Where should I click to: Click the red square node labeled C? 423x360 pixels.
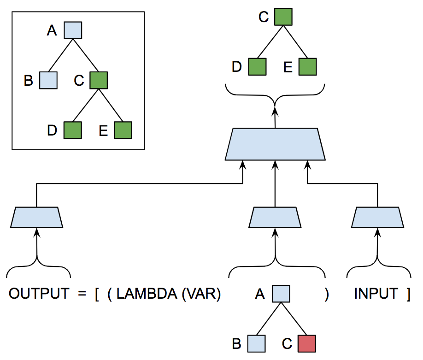(x=307, y=344)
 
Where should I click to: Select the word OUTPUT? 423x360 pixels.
(x=39, y=294)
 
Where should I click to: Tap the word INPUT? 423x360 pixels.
(x=376, y=294)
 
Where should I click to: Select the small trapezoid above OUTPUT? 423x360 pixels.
(x=37, y=217)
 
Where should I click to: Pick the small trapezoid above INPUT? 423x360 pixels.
(x=377, y=217)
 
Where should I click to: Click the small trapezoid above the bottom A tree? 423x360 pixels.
(x=275, y=217)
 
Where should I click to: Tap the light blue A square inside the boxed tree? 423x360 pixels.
(x=72, y=30)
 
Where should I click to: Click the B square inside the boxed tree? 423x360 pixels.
(x=48, y=80)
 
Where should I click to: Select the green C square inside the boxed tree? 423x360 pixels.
(x=99, y=80)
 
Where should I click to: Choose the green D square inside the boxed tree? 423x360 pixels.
(x=72, y=130)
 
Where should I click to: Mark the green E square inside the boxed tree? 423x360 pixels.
(x=123, y=130)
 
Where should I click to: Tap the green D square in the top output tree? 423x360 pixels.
(x=258, y=67)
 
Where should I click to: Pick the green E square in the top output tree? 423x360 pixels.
(x=308, y=67)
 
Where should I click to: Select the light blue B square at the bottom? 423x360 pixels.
(x=256, y=344)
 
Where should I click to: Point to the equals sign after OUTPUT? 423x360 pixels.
(x=82, y=294)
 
